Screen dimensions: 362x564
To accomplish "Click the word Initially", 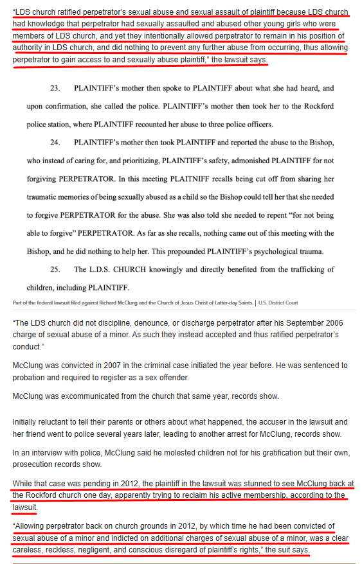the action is pyautogui.click(x=27, y=422).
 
